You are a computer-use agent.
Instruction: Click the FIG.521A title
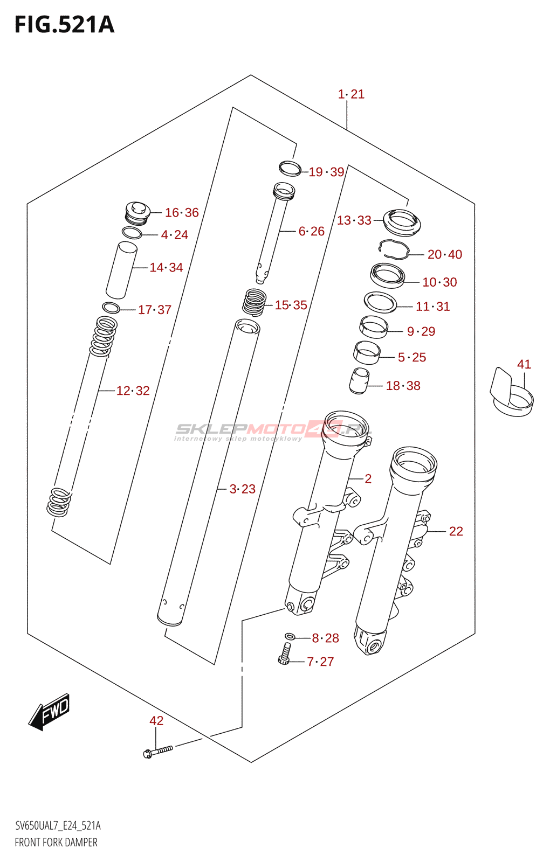64,25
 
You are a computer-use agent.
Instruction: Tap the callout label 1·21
351,94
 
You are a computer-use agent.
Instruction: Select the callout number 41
524,365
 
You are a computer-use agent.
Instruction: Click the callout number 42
156,721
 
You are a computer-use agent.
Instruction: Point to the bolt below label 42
157,750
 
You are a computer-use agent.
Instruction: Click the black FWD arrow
50,712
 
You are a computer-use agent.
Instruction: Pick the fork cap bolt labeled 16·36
137,213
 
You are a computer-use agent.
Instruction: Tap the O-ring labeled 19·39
290,168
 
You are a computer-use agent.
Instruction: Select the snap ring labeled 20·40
394,249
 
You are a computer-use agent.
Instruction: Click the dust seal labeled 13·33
402,221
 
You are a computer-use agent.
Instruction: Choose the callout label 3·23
242,489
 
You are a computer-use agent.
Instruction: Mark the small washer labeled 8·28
290,637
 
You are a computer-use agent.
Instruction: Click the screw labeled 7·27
285,654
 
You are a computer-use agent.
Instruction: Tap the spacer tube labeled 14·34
121,270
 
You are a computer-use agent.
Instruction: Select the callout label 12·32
133,391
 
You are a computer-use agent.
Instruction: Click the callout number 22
456,532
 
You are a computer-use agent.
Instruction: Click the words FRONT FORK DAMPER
56,843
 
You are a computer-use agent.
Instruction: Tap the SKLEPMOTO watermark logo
272,430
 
